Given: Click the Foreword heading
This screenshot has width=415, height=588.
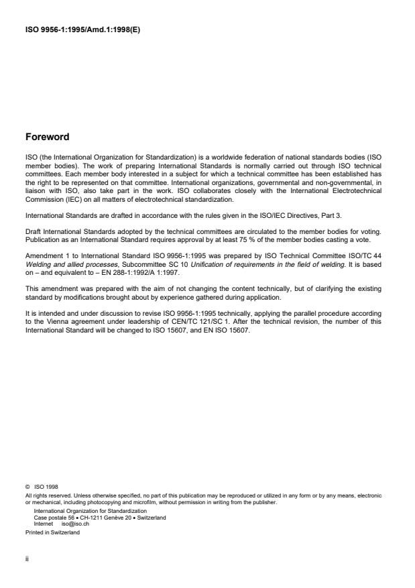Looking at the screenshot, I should pyautogui.click(x=47, y=137).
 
